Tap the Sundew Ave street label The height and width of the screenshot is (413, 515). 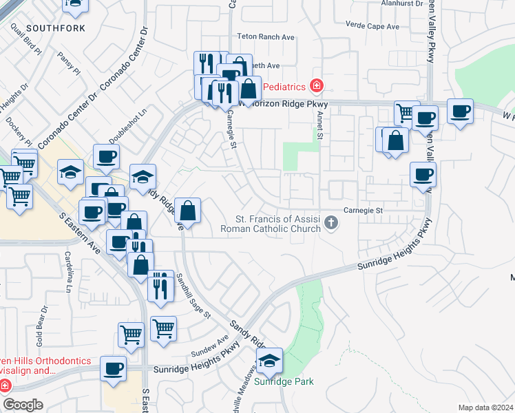[213, 342]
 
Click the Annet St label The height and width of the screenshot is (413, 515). [319, 126]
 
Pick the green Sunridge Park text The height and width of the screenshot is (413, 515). [284, 381]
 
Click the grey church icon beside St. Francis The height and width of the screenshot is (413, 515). [332, 222]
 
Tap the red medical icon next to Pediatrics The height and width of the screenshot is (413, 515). [316, 86]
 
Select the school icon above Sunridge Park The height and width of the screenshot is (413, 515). [269, 359]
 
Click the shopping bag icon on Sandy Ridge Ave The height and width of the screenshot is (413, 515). [187, 210]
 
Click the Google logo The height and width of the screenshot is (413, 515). [23, 405]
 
